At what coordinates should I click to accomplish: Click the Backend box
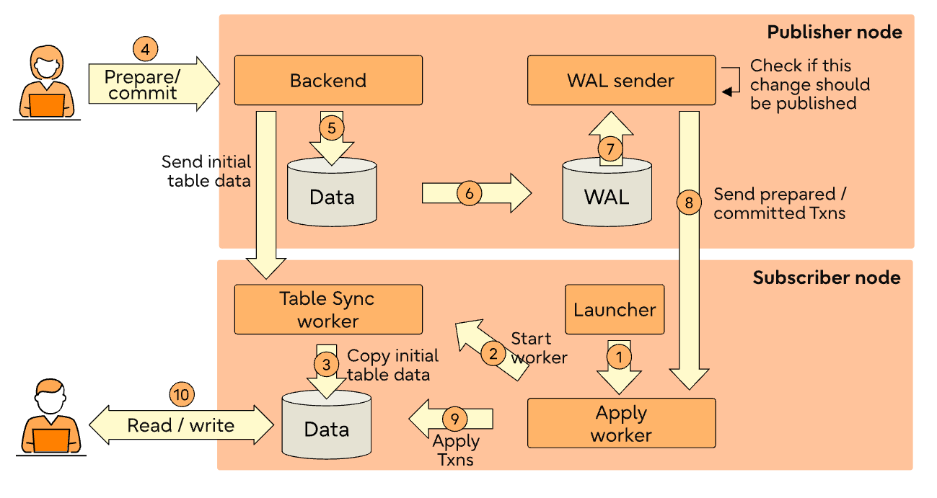pos(328,81)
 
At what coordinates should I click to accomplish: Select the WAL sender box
pos(620,81)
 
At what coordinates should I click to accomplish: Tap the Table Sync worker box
pos(328,309)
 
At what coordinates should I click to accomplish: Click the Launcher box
pos(615,310)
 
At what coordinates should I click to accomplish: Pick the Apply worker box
pos(621,424)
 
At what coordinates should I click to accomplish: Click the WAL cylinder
pos(607,193)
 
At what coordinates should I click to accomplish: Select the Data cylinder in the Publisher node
pos(332,193)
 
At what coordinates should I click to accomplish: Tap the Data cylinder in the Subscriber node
pos(327,425)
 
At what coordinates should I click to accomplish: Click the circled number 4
pos(145,50)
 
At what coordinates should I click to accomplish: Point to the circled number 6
pos(469,193)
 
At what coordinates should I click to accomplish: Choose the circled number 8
pos(689,203)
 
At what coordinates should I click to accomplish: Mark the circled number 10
pos(182,394)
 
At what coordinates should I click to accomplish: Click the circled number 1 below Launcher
pos(618,356)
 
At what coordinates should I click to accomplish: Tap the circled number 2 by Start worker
pos(493,353)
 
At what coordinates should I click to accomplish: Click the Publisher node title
pos(834,32)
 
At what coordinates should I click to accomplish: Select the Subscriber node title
pos(826,278)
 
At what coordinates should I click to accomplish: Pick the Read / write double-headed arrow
pos(181,425)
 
